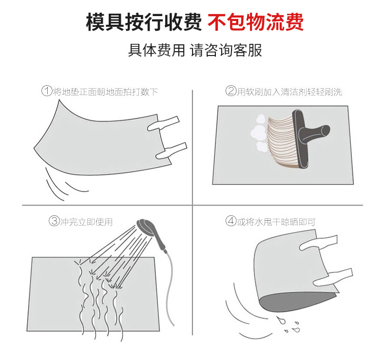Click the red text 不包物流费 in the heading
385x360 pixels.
point(256,22)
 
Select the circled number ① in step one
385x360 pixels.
point(47,91)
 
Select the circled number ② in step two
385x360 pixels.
point(231,91)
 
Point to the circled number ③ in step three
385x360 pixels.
point(55,221)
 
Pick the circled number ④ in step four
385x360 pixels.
point(231,221)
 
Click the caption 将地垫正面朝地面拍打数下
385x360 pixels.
point(105,92)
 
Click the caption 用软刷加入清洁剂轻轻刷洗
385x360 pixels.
point(289,92)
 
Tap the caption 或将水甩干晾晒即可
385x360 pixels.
point(276,222)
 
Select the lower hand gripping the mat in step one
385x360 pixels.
point(171,150)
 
